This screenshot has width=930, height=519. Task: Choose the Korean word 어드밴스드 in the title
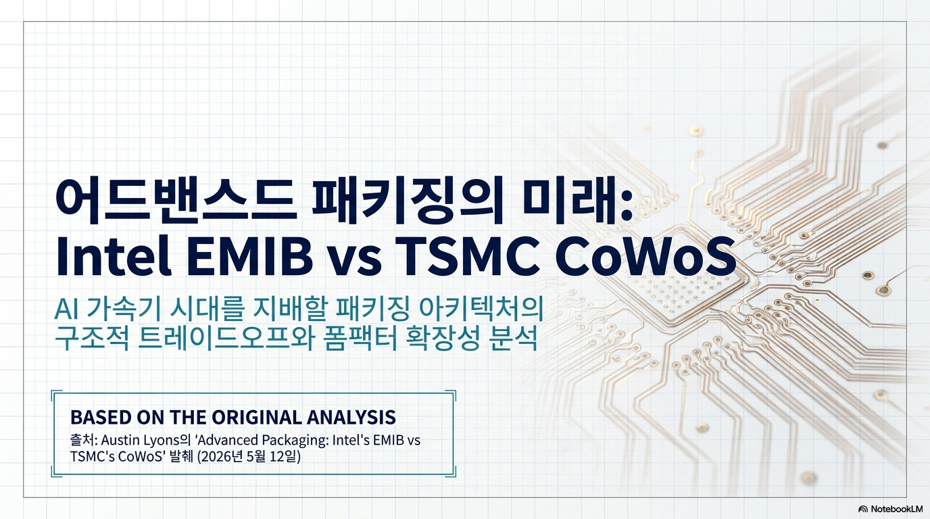click(x=176, y=200)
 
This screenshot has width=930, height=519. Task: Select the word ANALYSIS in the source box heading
click(x=351, y=417)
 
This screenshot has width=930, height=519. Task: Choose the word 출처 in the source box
click(x=82, y=440)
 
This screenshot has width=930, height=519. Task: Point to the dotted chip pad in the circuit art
click(x=681, y=293)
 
